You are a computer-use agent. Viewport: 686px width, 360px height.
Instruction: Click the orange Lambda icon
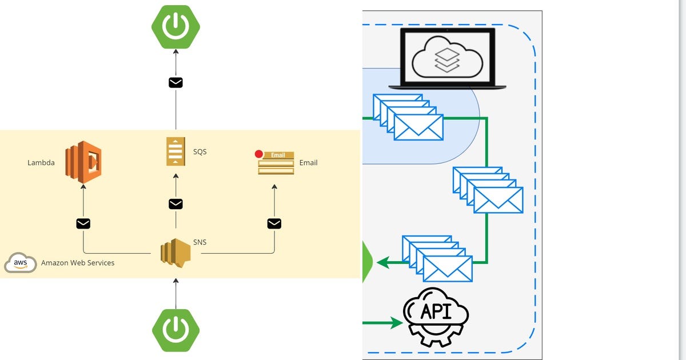83,161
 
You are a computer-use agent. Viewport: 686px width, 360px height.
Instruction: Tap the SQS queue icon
176,151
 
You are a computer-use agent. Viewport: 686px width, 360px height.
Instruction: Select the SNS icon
175,253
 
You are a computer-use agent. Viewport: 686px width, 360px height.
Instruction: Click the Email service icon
276,163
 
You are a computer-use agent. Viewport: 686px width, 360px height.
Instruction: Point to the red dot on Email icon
259,154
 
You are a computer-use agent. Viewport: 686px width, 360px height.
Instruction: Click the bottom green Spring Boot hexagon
176,330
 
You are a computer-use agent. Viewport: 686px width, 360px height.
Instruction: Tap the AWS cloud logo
21,263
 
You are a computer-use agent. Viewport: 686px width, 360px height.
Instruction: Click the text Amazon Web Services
78,263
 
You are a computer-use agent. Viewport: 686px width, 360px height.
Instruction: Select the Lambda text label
41,163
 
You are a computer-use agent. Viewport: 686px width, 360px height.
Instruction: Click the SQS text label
200,152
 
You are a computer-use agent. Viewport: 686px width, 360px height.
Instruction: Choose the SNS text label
200,242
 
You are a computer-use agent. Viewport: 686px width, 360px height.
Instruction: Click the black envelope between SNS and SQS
176,204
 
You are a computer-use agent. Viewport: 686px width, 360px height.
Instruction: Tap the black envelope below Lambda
83,223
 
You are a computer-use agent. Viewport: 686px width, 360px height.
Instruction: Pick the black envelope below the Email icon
274,223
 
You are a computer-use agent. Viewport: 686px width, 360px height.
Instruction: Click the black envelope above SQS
176,83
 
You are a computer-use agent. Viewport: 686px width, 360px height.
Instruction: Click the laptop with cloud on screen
448,58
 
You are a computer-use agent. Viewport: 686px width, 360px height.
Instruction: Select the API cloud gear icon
436,317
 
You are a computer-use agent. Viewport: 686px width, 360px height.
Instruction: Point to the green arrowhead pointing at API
397,323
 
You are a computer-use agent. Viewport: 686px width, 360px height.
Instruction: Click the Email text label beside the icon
308,163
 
